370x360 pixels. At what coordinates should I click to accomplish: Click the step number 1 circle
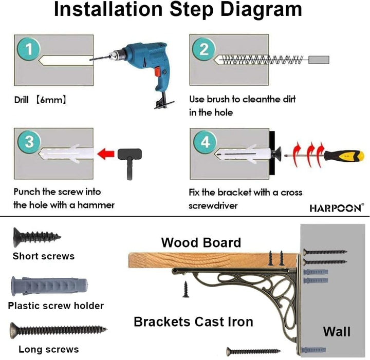(x=29, y=49)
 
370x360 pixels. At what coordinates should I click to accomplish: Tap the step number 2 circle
(x=204, y=49)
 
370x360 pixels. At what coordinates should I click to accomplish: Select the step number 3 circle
(x=29, y=142)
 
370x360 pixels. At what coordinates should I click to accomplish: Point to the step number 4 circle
(x=205, y=142)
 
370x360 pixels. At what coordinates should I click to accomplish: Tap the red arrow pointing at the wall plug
(x=106, y=154)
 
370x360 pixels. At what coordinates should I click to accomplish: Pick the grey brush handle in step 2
(x=319, y=60)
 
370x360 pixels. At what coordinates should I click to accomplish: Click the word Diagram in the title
(x=261, y=9)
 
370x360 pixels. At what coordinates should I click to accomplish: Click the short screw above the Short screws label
(x=37, y=237)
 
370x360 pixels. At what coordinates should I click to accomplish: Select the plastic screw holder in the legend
(x=49, y=286)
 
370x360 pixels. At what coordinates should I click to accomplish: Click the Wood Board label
(x=201, y=242)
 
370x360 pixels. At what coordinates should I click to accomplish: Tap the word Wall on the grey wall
(x=337, y=331)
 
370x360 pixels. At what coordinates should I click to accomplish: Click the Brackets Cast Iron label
(x=194, y=322)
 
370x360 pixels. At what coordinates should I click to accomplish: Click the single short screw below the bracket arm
(x=186, y=289)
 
